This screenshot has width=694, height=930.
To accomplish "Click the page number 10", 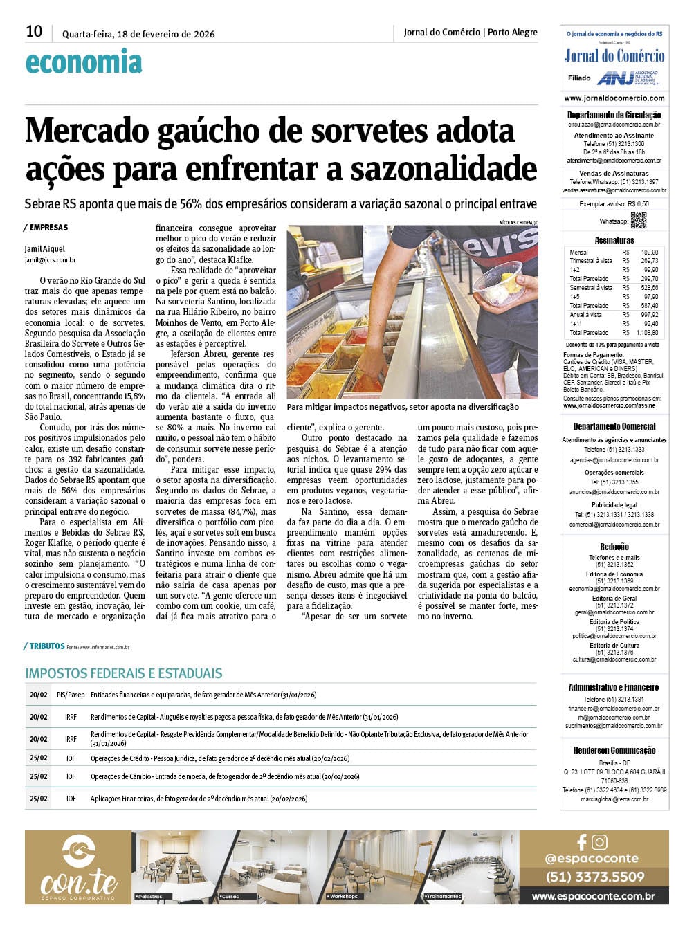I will click(34, 31).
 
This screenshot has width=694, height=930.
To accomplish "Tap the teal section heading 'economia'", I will click(83, 62).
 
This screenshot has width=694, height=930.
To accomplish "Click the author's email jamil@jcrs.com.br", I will click(50, 260).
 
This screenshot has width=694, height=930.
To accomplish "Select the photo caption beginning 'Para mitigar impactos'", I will click(403, 408).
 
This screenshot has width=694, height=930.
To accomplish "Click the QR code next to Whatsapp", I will click(638, 220).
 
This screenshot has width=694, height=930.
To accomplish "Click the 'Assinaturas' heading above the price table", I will click(614, 240).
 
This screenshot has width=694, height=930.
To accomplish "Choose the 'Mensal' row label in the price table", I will click(579, 253).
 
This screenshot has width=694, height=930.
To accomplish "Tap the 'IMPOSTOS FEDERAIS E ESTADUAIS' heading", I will click(124, 673).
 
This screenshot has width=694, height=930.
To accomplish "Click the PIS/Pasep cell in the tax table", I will click(71, 695).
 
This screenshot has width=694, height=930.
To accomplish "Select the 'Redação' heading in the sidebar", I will click(614, 547).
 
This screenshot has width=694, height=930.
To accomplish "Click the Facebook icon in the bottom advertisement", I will click(582, 842).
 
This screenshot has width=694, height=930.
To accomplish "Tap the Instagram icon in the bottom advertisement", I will click(600, 842).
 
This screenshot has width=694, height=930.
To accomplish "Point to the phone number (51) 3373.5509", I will click(594, 877).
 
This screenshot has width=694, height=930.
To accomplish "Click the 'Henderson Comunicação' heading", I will click(614, 750).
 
